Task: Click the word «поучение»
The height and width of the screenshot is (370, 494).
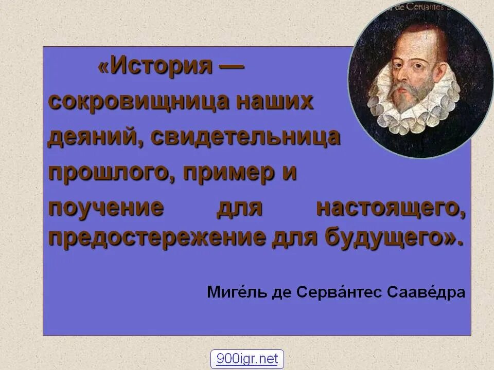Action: [106, 208]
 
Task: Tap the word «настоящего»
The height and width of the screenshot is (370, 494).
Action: [391, 208]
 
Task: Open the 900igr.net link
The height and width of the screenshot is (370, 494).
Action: [247, 359]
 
